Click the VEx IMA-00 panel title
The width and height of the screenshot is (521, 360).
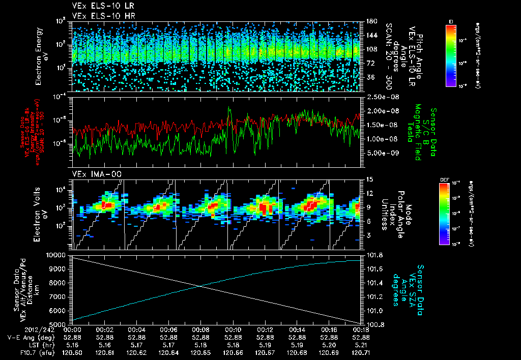93,174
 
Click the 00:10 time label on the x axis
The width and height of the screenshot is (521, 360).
233,329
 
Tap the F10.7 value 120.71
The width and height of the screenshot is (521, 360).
361,351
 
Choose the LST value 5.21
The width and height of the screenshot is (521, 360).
361,344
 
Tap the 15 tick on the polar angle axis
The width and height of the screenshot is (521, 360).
368,179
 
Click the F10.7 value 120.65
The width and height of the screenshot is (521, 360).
201,351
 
